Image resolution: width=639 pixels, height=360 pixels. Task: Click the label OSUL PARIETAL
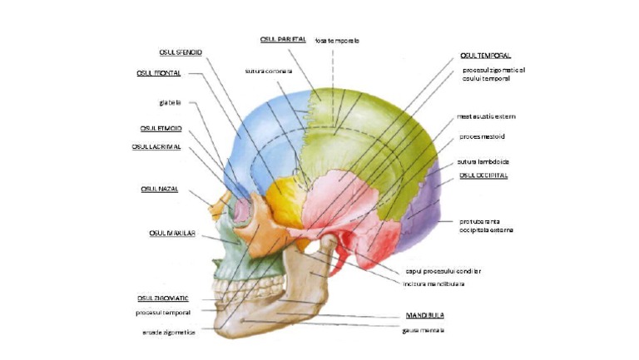(284, 39)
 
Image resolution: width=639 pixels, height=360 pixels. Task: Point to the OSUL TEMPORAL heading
(485, 56)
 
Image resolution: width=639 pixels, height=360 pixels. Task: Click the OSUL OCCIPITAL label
(483, 175)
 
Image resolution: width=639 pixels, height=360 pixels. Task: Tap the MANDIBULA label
(424, 316)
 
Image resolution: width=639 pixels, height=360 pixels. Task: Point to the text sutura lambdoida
(483, 161)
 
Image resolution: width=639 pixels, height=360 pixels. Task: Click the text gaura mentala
(423, 329)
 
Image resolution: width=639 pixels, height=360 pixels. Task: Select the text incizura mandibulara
(433, 284)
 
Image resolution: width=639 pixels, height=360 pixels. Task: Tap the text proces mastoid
(482, 136)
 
